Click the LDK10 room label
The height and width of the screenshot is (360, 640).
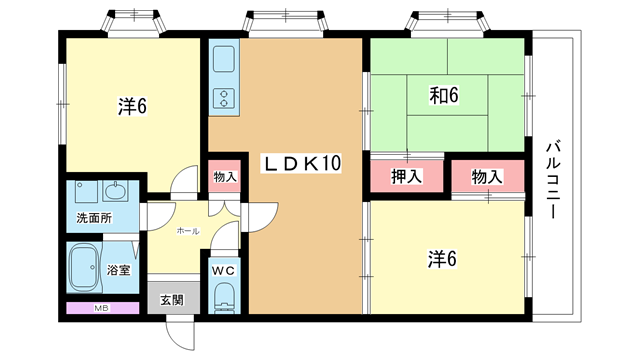click(x=301, y=163)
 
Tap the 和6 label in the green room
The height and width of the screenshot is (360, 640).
click(x=444, y=95)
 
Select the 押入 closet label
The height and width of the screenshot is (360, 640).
click(x=406, y=176)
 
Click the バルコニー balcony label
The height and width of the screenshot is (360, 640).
click(x=553, y=180)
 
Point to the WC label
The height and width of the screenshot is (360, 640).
click(x=223, y=270)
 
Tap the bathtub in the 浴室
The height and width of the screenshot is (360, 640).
click(x=84, y=267)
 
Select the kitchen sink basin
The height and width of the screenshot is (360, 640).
click(x=224, y=59)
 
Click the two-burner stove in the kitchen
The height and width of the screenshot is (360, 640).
click(x=224, y=98)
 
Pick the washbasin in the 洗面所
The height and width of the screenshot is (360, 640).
click(x=116, y=191)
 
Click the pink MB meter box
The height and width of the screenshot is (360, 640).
click(x=102, y=308)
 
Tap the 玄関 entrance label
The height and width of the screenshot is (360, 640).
click(x=172, y=300)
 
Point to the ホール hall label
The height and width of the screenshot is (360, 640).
click(x=188, y=231)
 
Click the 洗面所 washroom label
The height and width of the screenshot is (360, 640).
click(x=94, y=218)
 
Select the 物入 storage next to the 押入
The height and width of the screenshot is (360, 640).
click(x=488, y=176)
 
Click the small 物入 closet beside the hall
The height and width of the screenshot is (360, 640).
click(x=224, y=176)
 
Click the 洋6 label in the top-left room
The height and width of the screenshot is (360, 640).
click(x=132, y=107)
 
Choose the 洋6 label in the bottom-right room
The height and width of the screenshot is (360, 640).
click(x=442, y=259)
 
